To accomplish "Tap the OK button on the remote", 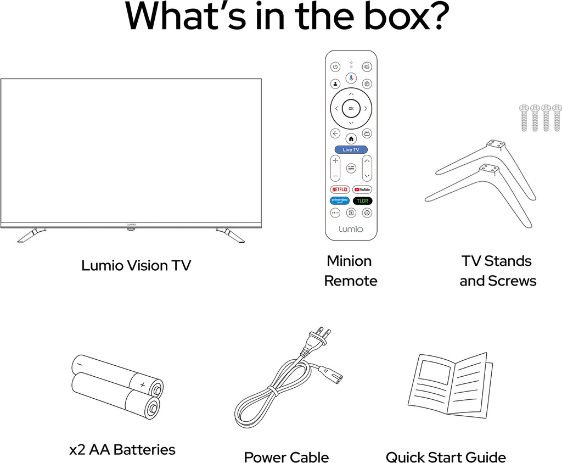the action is pyautogui.click(x=351, y=108).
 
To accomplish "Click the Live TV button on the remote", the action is pyautogui.click(x=351, y=149).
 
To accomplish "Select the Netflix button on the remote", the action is pyautogui.click(x=340, y=189).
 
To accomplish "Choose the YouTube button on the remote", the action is pyautogui.click(x=362, y=189).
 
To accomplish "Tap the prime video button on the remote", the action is pyautogui.click(x=340, y=201).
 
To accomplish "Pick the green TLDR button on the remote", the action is pyautogui.click(x=362, y=201).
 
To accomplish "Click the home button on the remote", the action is pyautogui.click(x=351, y=138).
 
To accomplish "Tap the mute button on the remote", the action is pyautogui.click(x=367, y=66).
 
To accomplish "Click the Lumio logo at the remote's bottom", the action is pyautogui.click(x=351, y=229).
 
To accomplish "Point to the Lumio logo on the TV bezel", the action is pyautogui.click(x=131, y=225).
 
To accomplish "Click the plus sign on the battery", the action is pyautogui.click(x=143, y=385).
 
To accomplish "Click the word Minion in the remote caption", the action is pyautogui.click(x=349, y=261).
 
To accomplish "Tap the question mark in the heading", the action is pyautogui.click(x=440, y=16).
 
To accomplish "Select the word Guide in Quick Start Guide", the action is pyautogui.click(x=488, y=458).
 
